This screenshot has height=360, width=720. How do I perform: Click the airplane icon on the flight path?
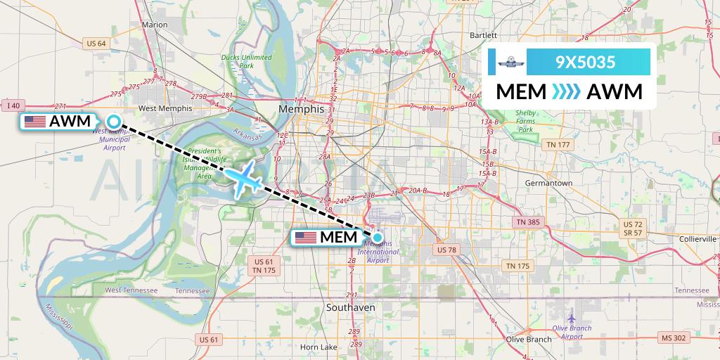245,179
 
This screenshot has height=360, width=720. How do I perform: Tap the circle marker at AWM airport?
112,121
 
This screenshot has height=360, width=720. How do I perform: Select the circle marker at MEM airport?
378,237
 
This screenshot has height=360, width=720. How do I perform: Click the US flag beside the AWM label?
35,122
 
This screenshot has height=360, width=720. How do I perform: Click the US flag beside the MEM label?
306,238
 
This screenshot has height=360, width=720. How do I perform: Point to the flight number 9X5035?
586,63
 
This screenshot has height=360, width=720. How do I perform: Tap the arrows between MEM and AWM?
566,92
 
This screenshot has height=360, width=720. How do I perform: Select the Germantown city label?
548,183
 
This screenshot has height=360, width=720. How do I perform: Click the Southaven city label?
351,308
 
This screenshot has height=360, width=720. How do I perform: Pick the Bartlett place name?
483,35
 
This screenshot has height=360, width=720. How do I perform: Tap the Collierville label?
697,239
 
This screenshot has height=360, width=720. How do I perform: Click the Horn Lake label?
319,347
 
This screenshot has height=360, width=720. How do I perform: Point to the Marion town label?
155,25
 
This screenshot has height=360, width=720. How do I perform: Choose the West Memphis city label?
165,108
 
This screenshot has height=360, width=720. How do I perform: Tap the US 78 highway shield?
446,250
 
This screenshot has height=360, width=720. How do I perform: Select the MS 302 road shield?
673,339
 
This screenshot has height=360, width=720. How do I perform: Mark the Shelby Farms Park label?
526,121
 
